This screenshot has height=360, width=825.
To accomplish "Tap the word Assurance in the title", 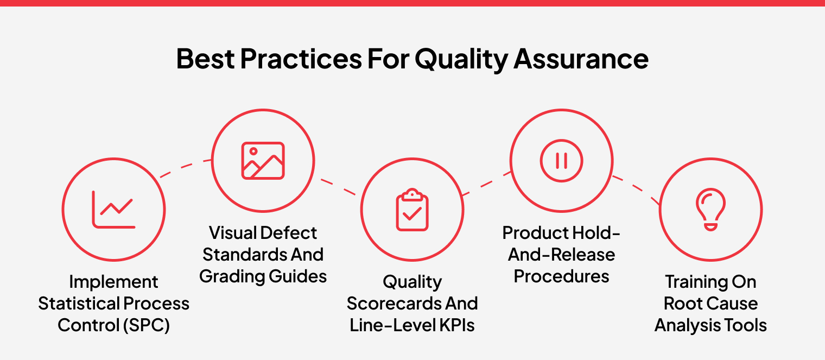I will [581, 59].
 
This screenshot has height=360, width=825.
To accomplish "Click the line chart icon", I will [113, 209].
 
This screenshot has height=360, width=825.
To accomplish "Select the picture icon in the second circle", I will [263, 161].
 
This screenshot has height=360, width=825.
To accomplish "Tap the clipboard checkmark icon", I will [412, 210].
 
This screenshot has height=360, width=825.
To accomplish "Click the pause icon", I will [561, 161].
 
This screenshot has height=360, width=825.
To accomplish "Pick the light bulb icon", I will [710, 210].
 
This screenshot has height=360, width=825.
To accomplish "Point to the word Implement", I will [113, 282].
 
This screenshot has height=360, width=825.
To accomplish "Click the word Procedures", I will [561, 276].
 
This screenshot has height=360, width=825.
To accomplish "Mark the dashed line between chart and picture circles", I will [185, 168].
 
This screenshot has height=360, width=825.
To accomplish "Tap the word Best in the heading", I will [205, 59].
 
